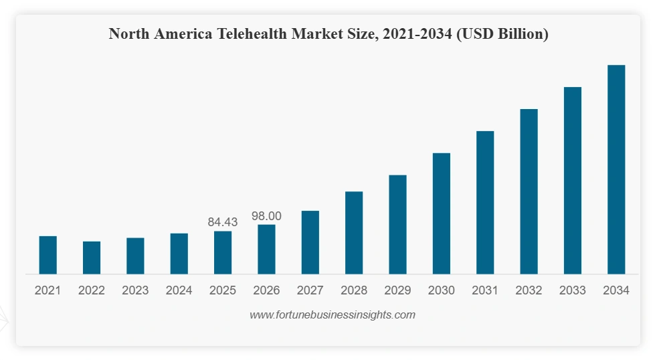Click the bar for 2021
48,255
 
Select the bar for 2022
92,258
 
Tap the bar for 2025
223,252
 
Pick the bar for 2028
354,233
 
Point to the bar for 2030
441,213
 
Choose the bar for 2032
529,191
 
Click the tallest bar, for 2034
616,169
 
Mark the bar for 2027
310,242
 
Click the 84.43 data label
223,222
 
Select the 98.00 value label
266,216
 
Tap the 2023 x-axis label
135,290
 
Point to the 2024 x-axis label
179,290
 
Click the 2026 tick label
266,290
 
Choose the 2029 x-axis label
397,290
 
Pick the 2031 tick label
485,290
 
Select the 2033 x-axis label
572,290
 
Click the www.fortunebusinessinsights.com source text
333,314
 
